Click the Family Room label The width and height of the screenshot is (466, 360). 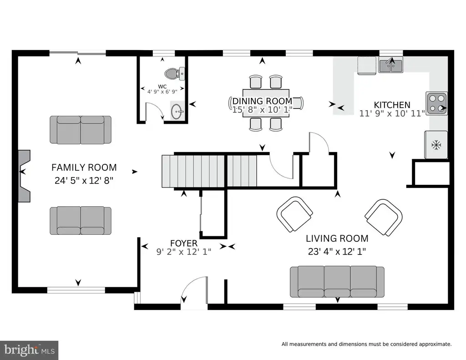point(84,167)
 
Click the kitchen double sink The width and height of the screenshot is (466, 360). point(391,66)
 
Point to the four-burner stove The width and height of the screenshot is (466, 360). point(436,103)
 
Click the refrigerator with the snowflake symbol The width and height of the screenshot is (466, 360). point(436,145)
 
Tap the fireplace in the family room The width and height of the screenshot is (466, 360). point(25,176)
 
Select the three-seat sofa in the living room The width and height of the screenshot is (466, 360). point(337,282)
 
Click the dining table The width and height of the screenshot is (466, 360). point(266,103)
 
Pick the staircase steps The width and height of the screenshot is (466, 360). point(209,171)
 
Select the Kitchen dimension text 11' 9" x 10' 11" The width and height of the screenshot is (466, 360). point(392,113)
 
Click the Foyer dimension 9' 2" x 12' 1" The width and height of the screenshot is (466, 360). point(184,252)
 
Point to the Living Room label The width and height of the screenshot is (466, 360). point(337,238)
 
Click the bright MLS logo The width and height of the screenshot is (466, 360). point(29,350)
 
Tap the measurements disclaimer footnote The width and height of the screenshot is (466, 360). point(366,344)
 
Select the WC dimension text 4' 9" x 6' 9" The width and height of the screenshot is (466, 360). point(162,92)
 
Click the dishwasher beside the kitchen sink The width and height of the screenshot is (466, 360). point(367,66)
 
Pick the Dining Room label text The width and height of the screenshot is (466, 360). point(262,101)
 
